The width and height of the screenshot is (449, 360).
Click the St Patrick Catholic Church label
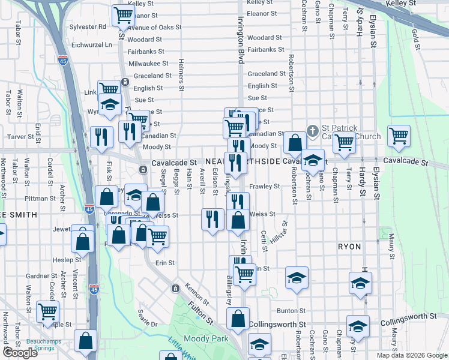(351, 132)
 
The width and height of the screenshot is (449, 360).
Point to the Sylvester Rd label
(88, 26)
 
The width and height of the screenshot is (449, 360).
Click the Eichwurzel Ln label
(92, 44)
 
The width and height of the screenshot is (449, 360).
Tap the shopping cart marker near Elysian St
(399, 136)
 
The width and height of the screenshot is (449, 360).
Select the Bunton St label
(292, 310)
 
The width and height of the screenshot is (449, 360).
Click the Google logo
(20, 353)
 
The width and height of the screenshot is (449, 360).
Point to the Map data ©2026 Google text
(412, 355)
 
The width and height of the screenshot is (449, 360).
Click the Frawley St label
(265, 186)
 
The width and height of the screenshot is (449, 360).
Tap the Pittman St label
(40, 198)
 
